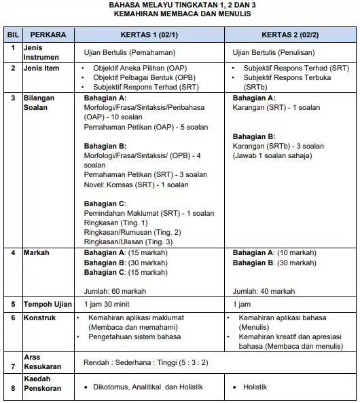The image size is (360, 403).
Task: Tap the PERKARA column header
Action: pyautogui.click(x=45, y=34)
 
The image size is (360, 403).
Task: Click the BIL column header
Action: pyautogui.click(x=12, y=34)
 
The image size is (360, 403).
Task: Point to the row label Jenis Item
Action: pyautogui.click(x=42, y=69)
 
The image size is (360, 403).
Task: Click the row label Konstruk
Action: pyautogui.click(x=40, y=317)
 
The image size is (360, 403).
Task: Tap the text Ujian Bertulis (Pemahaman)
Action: pyautogui.click(x=129, y=52)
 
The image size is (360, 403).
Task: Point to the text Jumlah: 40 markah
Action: pyautogui.click(x=264, y=291)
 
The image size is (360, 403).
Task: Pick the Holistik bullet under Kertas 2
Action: pyautogui.click(x=255, y=387)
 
